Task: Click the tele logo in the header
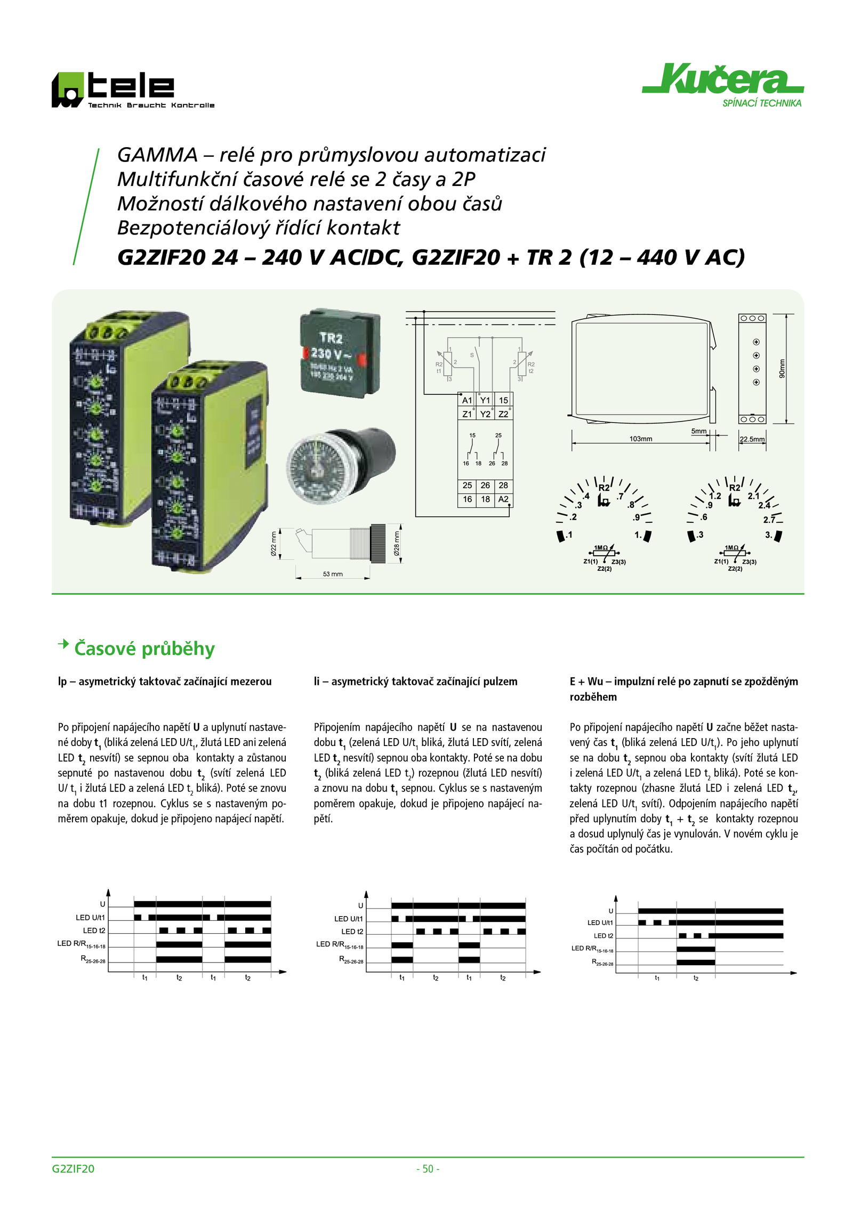tap(133, 90)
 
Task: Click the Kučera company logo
tap(722, 85)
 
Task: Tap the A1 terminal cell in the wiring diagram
tap(467, 400)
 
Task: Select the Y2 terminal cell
tap(485, 414)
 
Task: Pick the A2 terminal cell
tap(503, 499)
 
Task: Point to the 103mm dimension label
tap(640, 439)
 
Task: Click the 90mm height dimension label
tap(782, 369)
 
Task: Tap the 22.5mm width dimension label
tap(752, 439)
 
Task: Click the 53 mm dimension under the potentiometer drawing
tap(333, 574)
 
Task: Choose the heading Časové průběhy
tap(144, 649)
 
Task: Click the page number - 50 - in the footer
tap(428, 1169)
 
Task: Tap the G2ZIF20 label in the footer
tap(73, 1169)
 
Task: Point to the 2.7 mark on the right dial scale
tap(769, 520)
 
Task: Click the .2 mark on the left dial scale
tap(573, 517)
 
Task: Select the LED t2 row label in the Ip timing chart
tap(94, 930)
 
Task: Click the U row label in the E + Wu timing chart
tap(611, 911)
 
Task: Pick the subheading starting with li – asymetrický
tap(415, 681)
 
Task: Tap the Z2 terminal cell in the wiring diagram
tap(503, 414)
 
